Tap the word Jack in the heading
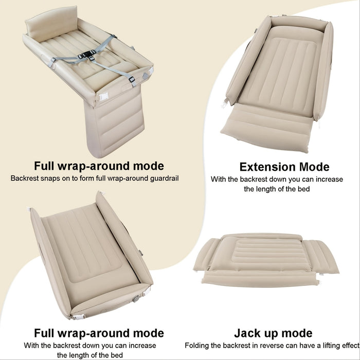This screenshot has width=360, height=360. coord(246,333)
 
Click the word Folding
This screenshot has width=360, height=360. coord(197,346)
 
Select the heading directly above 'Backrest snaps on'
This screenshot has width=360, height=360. coord(99,166)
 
